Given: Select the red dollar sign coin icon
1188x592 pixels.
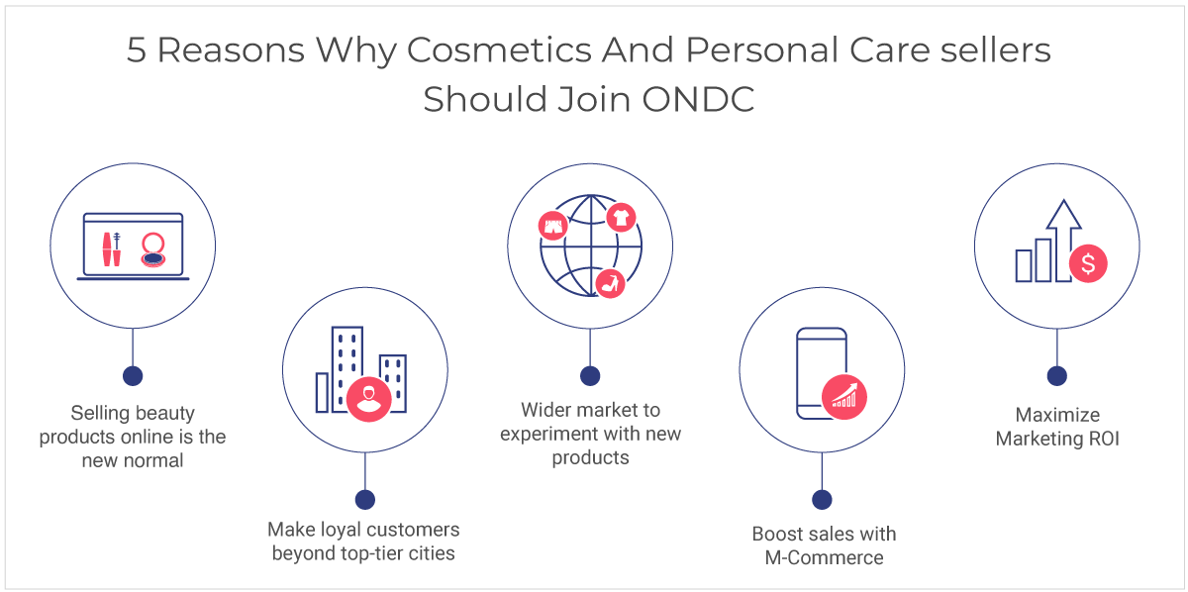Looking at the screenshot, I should (1088, 263).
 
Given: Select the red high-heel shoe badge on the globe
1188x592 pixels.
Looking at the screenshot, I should (611, 284).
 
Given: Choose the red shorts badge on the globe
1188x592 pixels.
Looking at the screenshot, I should (552, 226).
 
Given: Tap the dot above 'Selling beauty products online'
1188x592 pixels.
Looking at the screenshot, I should (133, 376).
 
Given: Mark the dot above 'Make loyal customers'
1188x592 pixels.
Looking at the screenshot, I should (365, 500).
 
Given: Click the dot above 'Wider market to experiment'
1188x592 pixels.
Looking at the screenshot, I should (590, 376).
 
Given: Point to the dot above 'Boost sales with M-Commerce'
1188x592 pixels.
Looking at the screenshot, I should (822, 500).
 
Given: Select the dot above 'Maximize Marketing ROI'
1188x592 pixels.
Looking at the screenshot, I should (1057, 376).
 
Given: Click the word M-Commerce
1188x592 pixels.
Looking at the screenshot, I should (824, 557).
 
